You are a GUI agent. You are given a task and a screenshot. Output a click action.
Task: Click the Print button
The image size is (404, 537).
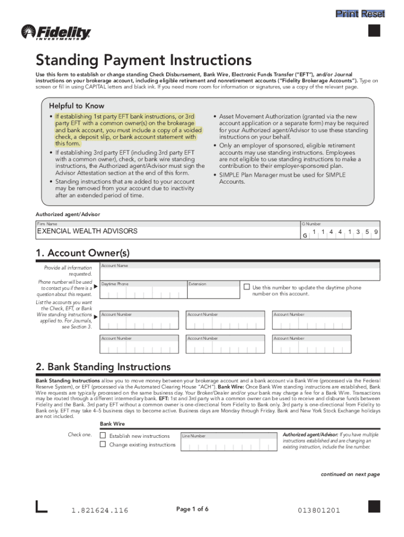pyautogui.click(x=347, y=14)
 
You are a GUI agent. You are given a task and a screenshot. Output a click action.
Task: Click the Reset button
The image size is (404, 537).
pyautogui.click(x=373, y=14)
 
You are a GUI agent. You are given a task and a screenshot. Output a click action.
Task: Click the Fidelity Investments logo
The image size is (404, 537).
pyautogui.click(x=56, y=33)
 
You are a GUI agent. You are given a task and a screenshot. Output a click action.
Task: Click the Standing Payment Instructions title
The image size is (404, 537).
pyautogui.click(x=143, y=60)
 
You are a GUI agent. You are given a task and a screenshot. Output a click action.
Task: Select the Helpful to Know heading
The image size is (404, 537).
pyautogui.click(x=77, y=105)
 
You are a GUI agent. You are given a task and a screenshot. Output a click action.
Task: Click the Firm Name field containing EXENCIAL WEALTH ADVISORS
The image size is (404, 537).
pyautogui.click(x=167, y=231)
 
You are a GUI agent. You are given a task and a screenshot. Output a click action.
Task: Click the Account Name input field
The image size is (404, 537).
pyautogui.click(x=239, y=274)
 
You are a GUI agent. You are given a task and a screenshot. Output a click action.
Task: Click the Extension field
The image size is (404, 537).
pyautogui.click(x=212, y=293)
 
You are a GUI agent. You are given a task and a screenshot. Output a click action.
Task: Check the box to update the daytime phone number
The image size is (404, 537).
pyautogui.click(x=247, y=287)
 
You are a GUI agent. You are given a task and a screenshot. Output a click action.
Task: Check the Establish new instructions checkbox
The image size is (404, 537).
pyautogui.click(x=103, y=435)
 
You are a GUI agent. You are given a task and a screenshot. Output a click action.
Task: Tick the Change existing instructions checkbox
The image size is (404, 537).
pyautogui.click(x=103, y=444)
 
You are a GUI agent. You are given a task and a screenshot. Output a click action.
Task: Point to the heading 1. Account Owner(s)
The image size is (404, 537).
pyautogui.click(x=82, y=253)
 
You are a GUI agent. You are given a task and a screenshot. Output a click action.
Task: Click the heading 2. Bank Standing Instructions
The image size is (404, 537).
pyautogui.click(x=103, y=366)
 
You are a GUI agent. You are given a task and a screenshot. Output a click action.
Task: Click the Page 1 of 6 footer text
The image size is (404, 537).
pyautogui.click(x=193, y=509)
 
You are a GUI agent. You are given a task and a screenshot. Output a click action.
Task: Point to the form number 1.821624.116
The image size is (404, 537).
pyautogui.click(x=100, y=510)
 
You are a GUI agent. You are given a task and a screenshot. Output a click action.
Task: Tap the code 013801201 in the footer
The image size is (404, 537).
pyautogui.click(x=319, y=510)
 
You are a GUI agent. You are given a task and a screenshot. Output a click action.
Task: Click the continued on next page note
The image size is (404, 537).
pyautogui.click(x=350, y=474)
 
